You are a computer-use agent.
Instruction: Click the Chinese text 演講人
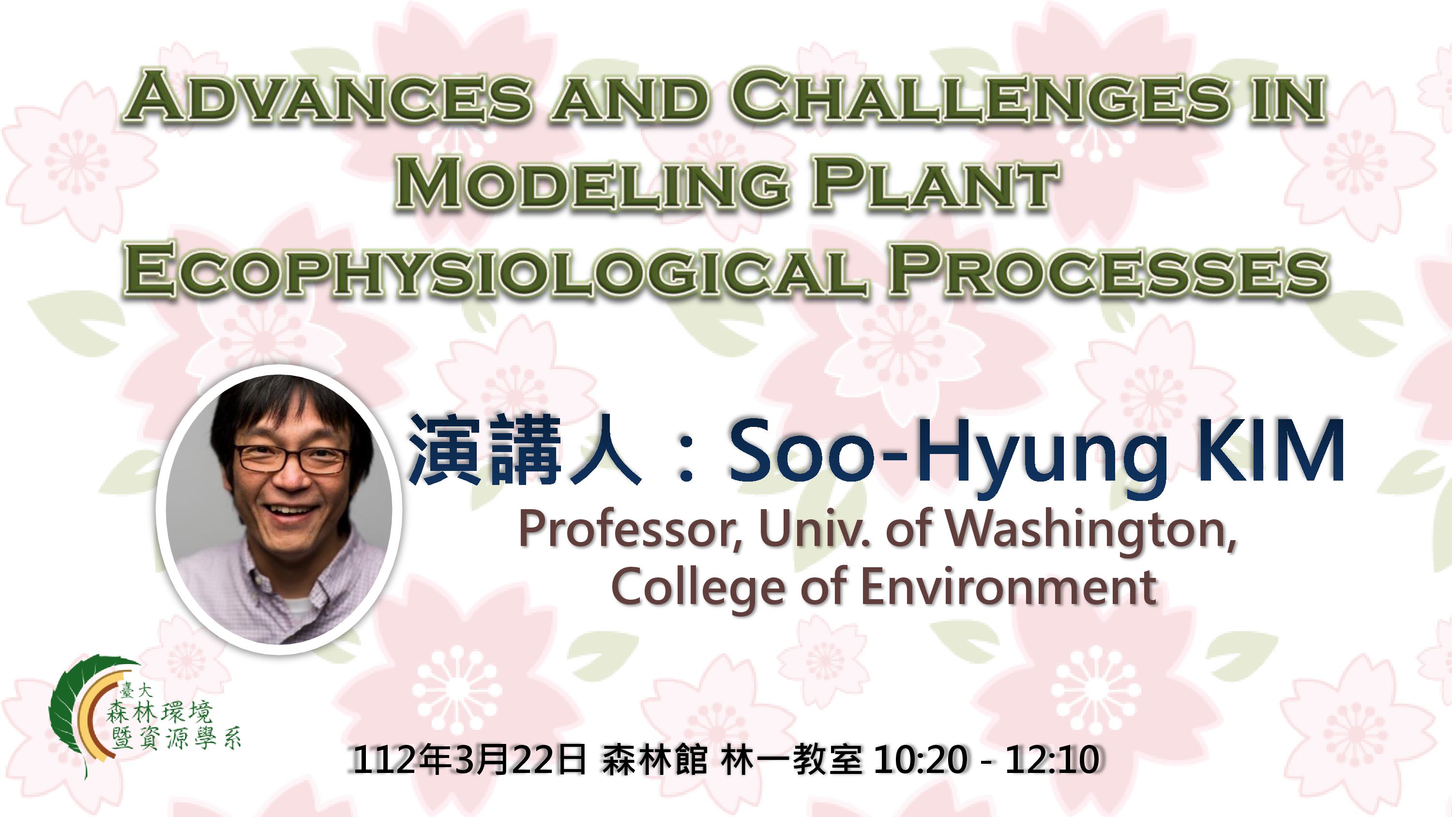point(525,451)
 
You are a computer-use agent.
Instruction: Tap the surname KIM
point(1271,451)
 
